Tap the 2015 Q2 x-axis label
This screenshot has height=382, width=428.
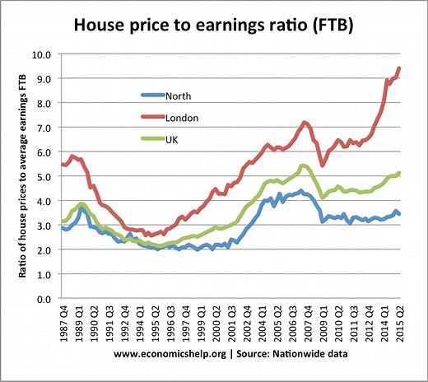pyautogui.click(x=401, y=323)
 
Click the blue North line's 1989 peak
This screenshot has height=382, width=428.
pyautogui.click(x=82, y=208)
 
